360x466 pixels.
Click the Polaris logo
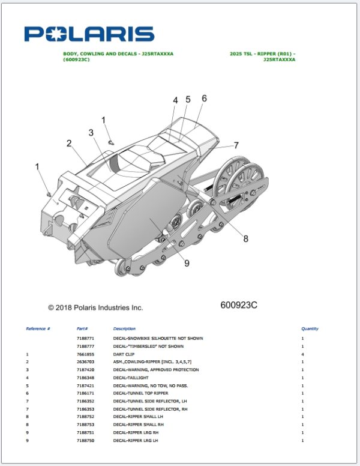89,34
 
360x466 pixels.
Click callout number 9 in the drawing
187,262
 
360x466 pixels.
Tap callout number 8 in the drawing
245,238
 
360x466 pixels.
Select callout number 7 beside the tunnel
236,145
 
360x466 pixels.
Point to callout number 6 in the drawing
204,98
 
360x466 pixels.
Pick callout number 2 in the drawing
69,144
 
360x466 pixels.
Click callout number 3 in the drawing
91,132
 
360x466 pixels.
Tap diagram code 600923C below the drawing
239,305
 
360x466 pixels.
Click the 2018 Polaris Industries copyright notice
95,307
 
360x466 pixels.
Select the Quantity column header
310,329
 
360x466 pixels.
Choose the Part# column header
83,329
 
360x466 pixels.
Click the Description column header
124,329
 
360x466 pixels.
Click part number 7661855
85,354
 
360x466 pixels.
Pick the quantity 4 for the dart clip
302,354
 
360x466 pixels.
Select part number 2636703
85,362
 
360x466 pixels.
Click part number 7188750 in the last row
85,441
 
